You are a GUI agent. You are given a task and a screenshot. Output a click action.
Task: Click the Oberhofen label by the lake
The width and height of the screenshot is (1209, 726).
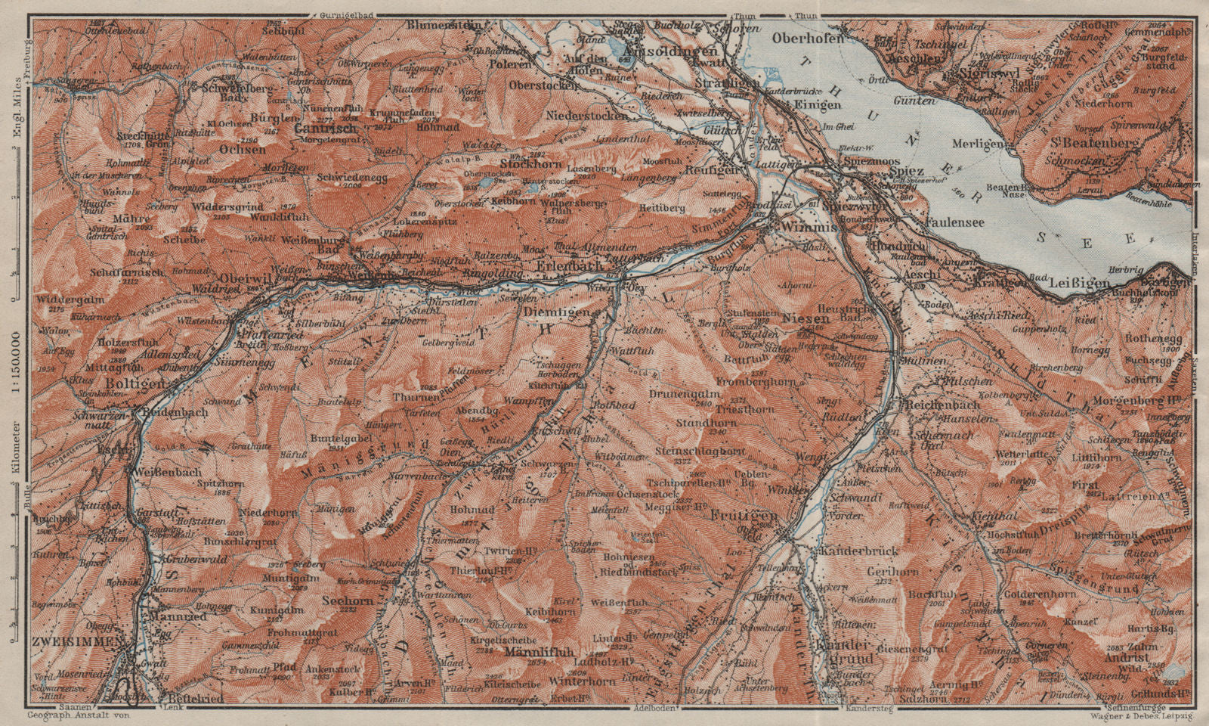pyautogui.click(x=808, y=37)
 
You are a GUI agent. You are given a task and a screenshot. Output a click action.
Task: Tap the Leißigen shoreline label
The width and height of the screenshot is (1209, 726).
pyautogui.click(x=1080, y=284)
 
